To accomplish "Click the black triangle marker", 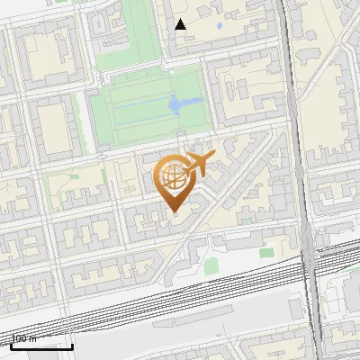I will [x=181, y=24].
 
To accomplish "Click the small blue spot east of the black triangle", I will [x=217, y=26].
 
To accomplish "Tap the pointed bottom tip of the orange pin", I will [x=173, y=212].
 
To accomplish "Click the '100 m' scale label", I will [x=24, y=339].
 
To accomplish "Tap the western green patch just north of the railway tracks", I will [x=211, y=265].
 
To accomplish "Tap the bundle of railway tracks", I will [x=180, y=288].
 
